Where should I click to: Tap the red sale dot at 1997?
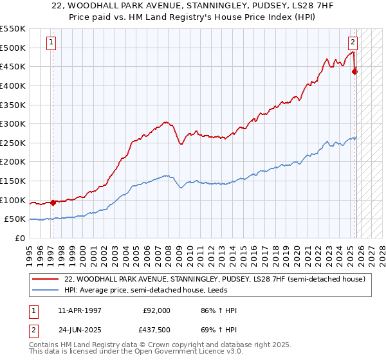pyautogui.click(x=53, y=203)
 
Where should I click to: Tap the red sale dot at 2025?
pyautogui.click(x=354, y=71)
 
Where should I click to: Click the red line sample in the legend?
pyautogui.click(x=46, y=280)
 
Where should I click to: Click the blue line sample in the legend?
pyautogui.click(x=46, y=291)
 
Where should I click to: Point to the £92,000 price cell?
pyautogui.click(x=156, y=310)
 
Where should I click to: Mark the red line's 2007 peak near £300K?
pyautogui.click(x=165, y=122)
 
